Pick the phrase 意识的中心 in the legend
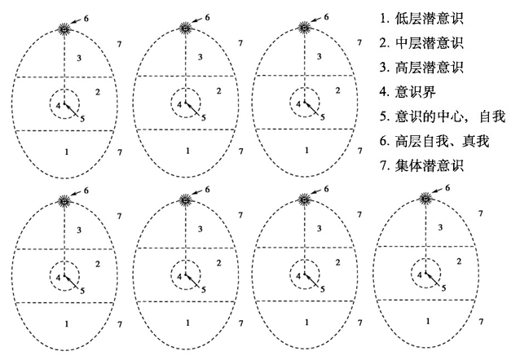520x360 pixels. click(429, 116)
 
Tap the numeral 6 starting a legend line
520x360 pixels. click(384, 141)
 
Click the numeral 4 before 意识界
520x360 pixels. click(384, 92)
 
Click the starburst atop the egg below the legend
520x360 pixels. click(426, 199)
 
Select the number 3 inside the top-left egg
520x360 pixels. click(79, 59)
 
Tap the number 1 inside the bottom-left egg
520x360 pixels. click(67, 323)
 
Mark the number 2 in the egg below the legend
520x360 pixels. click(459, 261)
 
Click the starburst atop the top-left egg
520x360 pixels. click(64, 29)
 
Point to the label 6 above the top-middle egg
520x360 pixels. click(207, 17)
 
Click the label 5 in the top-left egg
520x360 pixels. click(82, 118)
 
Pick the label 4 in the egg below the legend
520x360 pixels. click(420, 274)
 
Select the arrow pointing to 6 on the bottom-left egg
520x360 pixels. click(77, 194)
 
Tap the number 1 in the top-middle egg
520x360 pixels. click(187, 151)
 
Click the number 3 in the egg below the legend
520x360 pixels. click(440, 228)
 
